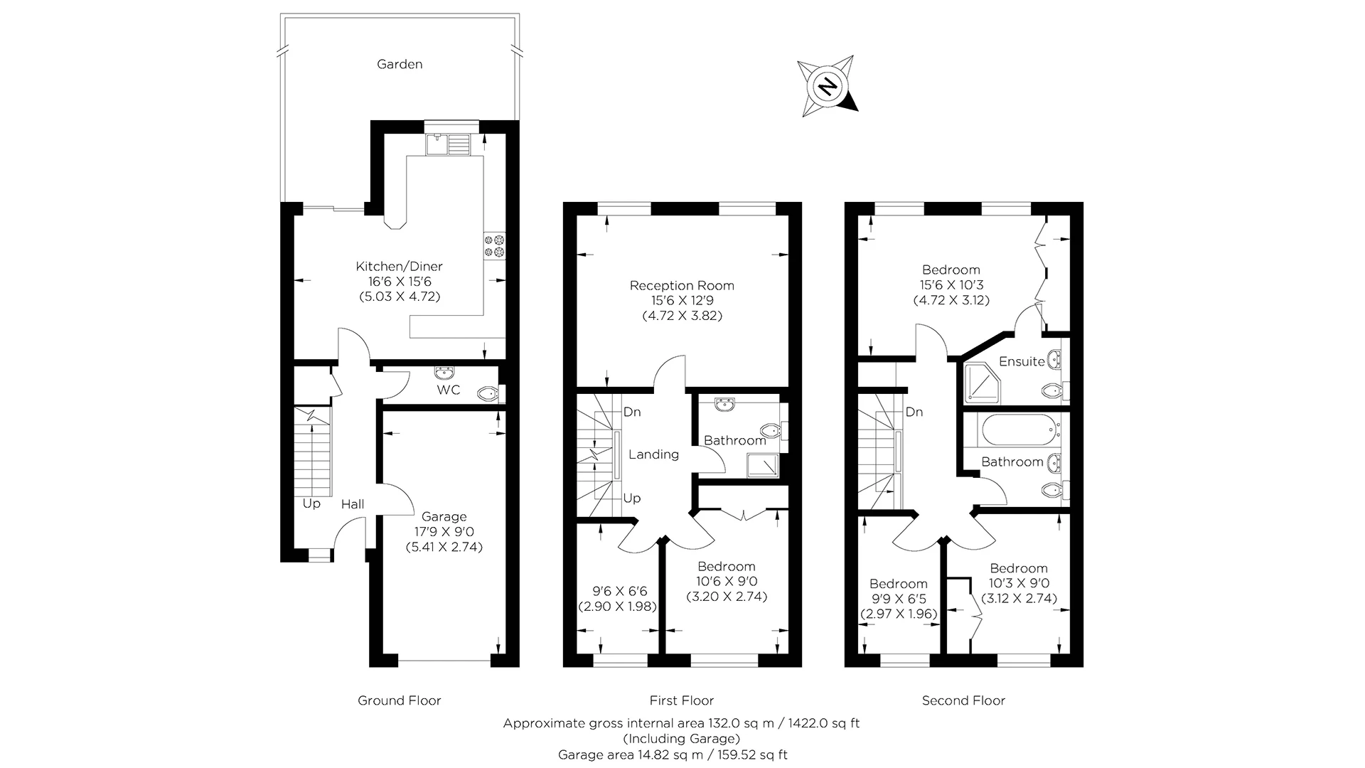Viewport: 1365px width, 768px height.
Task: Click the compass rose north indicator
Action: (827, 86)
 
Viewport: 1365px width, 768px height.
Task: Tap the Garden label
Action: (400, 64)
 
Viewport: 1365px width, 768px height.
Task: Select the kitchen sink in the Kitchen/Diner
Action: (447, 144)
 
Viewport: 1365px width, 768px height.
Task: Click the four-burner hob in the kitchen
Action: (494, 245)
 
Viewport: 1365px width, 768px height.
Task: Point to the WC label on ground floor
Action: (448, 390)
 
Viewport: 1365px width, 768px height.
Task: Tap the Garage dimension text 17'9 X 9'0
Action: (444, 532)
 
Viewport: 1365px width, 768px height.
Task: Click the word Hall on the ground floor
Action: (353, 504)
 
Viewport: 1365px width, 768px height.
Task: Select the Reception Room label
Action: (682, 285)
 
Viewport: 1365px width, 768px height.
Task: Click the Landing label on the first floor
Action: (653, 454)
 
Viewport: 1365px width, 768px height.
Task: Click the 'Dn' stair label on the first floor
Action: (632, 412)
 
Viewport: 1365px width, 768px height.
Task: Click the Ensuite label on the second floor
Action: (1022, 361)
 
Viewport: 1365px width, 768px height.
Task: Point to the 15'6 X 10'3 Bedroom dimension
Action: (951, 285)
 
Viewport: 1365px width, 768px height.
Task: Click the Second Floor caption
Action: (963, 700)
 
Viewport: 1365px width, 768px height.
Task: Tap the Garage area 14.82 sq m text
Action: (673, 754)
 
